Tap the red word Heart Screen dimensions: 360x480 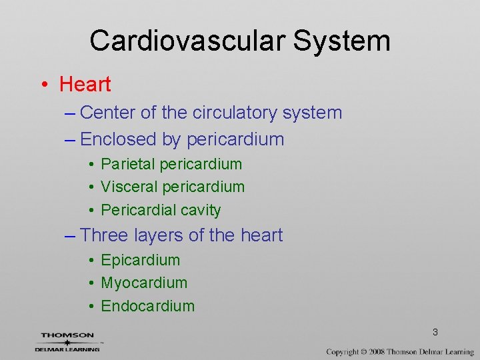pyautogui.click(x=85, y=85)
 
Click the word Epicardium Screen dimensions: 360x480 pyautogui.click(x=140, y=260)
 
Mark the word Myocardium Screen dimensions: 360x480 pyautogui.click(x=144, y=283)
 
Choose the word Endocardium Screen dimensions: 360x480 pyautogui.click(x=148, y=306)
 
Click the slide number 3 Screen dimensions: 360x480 pyautogui.click(x=435, y=332)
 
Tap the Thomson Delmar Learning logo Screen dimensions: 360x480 pyautogui.click(x=67, y=341)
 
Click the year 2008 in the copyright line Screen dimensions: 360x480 pyautogui.click(x=375, y=351)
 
